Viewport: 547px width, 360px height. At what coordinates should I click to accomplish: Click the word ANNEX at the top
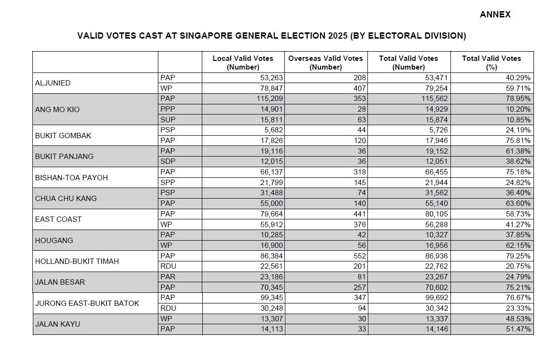[495, 14]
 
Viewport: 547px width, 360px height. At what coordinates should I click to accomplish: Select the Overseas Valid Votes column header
[325, 62]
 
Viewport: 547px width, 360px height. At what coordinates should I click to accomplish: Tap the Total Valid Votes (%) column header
[491, 62]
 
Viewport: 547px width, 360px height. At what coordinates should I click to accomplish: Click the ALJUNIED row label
[53, 83]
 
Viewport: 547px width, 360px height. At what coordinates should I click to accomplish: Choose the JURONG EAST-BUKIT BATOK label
[87, 303]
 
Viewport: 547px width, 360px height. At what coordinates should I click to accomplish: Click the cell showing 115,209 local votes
[265, 99]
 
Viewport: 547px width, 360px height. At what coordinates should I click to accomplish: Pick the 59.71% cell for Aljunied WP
[517, 88]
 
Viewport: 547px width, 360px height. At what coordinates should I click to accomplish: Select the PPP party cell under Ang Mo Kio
[168, 109]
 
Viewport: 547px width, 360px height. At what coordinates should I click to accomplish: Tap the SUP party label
[168, 120]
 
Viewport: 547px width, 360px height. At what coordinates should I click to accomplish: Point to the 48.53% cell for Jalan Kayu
[517, 319]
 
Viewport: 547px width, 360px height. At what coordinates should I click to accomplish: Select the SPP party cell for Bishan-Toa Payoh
[168, 183]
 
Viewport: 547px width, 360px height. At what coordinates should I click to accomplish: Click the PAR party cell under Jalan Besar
[168, 277]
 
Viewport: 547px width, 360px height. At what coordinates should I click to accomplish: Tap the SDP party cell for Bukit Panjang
[168, 161]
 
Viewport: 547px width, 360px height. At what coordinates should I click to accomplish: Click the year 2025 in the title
[337, 36]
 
